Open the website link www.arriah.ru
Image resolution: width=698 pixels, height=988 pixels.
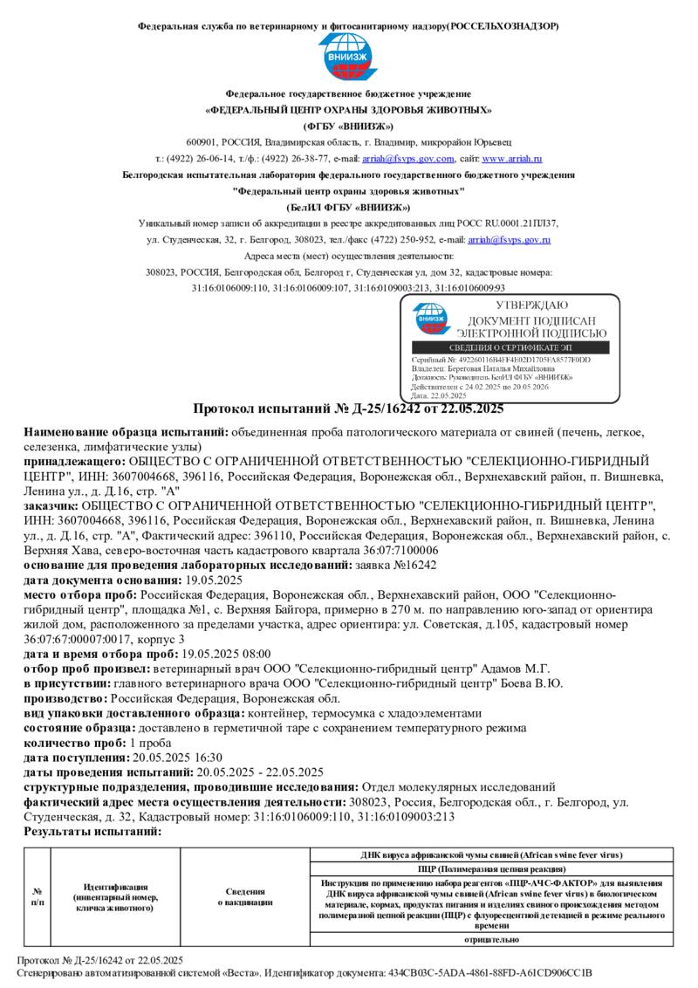pyautogui.click(x=512, y=159)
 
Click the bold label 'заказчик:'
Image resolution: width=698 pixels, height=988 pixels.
pyautogui.click(x=51, y=505)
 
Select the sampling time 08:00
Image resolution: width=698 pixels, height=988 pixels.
pyautogui.click(x=256, y=653)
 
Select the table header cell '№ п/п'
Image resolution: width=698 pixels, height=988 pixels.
pyautogui.click(x=38, y=896)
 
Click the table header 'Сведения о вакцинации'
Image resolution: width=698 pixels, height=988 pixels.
pyautogui.click(x=245, y=896)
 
